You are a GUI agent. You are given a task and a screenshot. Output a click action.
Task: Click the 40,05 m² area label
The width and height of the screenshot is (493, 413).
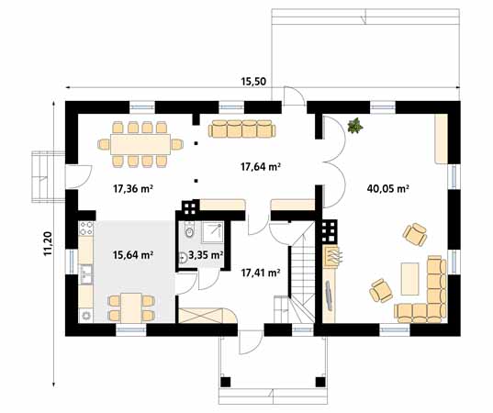coord(387,189)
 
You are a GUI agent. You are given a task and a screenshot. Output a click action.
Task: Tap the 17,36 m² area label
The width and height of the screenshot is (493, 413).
coord(133,189)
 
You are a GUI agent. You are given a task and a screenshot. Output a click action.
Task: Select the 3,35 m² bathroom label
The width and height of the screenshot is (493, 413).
coord(206,255)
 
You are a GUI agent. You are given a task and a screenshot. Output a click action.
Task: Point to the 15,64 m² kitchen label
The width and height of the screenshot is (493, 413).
coord(133,255)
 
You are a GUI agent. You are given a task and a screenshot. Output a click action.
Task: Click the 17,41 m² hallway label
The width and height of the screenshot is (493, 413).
coord(261,273)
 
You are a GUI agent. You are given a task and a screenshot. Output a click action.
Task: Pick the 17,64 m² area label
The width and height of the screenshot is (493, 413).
coord(261,166)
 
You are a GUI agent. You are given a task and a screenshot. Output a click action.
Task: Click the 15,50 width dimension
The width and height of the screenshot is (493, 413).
coord(253,82)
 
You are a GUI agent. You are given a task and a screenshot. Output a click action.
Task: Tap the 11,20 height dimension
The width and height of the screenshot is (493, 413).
coord(48,243)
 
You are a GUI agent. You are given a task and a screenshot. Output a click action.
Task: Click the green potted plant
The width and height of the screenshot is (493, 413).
coord(355,126)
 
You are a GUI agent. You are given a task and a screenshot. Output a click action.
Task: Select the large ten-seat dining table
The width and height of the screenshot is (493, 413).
coord(140,144)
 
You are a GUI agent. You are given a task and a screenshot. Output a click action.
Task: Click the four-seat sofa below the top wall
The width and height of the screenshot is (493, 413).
coord(242,128)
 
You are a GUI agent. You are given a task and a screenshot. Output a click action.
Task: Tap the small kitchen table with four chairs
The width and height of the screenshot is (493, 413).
coord(131,307)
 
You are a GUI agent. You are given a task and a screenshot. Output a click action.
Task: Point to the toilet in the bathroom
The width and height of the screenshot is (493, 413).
coord(189,230)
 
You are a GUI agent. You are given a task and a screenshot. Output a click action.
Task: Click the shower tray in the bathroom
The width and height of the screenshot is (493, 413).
coord(213,232)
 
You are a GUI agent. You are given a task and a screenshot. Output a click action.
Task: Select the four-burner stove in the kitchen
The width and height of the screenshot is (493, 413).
coord(86,229)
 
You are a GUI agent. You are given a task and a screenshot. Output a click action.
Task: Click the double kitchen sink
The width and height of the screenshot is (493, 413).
coord(85,274)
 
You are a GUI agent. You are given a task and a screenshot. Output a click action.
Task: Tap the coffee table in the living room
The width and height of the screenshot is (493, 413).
coord(410,279)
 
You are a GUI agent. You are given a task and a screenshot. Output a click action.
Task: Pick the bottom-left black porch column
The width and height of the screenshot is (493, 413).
coord(226,382)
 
